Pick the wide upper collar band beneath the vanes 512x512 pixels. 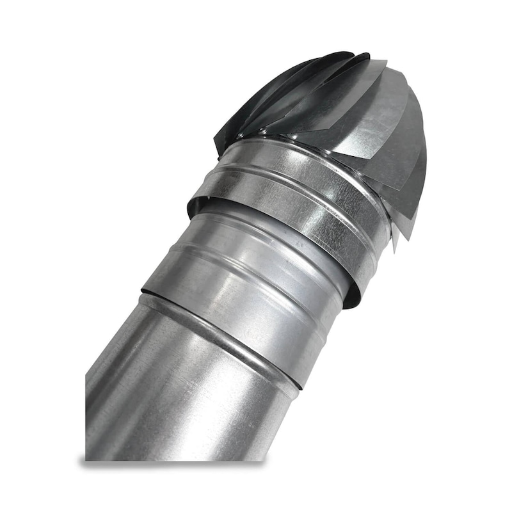pos(288,192)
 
